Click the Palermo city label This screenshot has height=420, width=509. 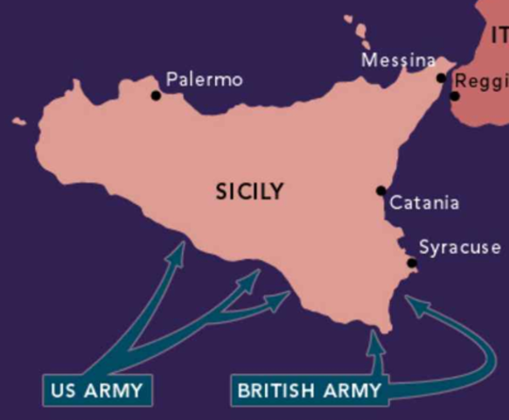point(204,80)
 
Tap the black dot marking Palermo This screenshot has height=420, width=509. point(156,95)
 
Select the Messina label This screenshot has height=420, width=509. point(398,60)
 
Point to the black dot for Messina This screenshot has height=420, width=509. point(441,78)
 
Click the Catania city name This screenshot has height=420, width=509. point(424,203)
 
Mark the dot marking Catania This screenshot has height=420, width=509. point(380,191)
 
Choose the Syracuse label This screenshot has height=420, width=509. point(459,248)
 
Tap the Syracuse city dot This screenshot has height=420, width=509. point(412,263)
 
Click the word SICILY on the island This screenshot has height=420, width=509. point(249,192)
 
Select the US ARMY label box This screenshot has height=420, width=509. point(96,390)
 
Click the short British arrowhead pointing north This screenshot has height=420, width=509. point(376,338)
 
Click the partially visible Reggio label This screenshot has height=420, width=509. point(482,82)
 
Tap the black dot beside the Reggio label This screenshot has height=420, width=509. point(455,94)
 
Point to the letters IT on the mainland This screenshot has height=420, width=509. point(499,36)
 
